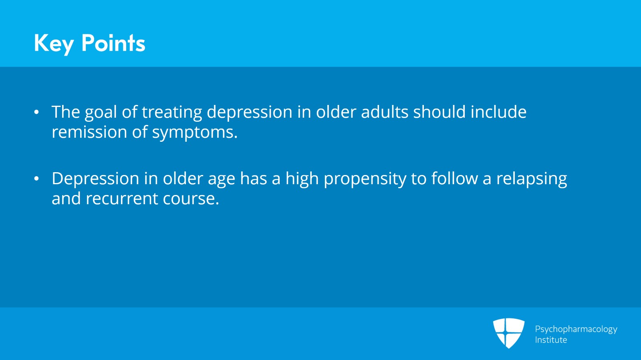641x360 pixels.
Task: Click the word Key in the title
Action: click(x=54, y=43)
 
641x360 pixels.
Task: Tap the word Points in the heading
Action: click(x=113, y=43)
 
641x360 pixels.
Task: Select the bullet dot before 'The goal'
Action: click(x=36, y=112)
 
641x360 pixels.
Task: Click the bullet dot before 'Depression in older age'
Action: click(x=36, y=179)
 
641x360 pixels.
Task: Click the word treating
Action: click(x=172, y=113)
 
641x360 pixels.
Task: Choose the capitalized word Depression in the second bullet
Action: click(x=95, y=179)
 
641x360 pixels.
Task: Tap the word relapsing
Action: click(x=532, y=179)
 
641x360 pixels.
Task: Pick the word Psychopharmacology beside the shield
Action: click(x=576, y=329)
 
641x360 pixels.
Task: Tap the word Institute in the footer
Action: click(x=551, y=340)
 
